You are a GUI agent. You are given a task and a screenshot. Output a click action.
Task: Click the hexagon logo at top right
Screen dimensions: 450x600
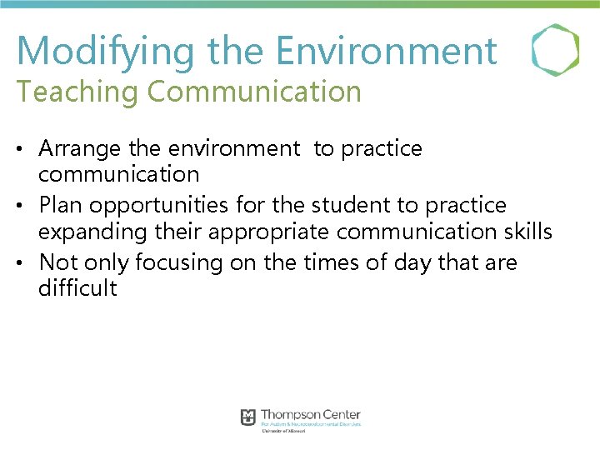555,50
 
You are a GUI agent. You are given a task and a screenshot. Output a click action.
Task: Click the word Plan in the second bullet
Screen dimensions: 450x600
61,205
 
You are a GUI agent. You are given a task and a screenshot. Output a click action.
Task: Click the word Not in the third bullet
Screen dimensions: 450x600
57,262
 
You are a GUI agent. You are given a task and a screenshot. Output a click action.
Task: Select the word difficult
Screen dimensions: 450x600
78,289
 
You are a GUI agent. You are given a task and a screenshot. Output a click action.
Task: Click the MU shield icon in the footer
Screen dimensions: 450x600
248,417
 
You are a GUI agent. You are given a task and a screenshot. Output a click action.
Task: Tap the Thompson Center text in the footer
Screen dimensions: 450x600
311,415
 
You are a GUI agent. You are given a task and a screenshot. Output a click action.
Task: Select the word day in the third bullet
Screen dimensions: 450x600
414,262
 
